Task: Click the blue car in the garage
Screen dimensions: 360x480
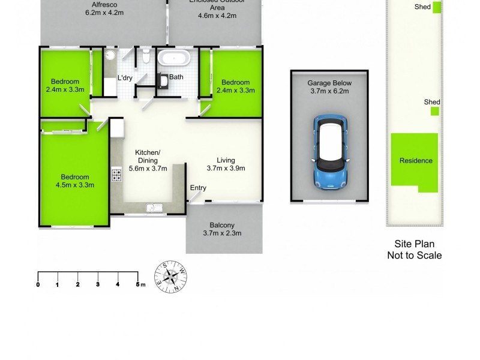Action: click(x=330, y=152)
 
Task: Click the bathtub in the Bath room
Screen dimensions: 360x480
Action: click(x=174, y=59)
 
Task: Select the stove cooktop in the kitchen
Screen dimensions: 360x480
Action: click(x=116, y=175)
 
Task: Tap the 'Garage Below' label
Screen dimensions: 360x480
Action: click(x=329, y=83)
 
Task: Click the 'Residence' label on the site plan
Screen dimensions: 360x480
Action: click(x=416, y=161)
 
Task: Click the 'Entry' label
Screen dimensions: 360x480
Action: click(x=198, y=188)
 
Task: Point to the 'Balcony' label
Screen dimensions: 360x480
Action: click(x=221, y=226)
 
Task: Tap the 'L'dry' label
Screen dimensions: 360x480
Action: click(x=125, y=77)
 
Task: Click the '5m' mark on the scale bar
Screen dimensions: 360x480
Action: click(x=139, y=284)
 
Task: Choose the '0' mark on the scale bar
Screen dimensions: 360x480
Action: click(x=38, y=284)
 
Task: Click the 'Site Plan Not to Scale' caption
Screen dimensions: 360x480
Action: click(x=414, y=250)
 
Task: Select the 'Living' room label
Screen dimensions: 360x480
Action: click(x=226, y=160)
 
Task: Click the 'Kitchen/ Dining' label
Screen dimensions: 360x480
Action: click(x=147, y=156)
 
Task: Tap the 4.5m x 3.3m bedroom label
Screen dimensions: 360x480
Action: click(x=75, y=181)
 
